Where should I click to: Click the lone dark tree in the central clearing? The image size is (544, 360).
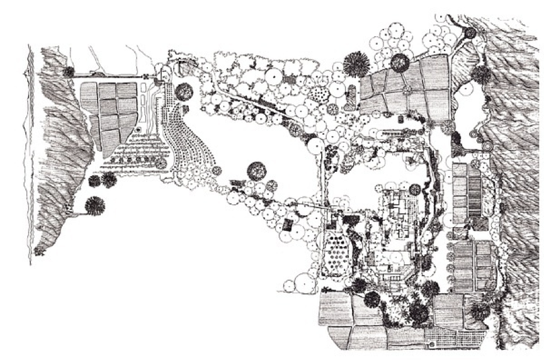click(257, 170)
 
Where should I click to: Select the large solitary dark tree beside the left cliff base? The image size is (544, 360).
click(94, 205)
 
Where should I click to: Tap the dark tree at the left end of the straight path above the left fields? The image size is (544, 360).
click(69, 72)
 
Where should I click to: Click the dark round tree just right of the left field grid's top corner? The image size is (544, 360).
click(184, 91)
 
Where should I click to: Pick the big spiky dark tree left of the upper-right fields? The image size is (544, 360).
click(356, 64)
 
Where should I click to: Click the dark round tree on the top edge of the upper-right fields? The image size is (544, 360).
click(399, 62)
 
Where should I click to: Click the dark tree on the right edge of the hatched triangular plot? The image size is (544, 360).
click(482, 74)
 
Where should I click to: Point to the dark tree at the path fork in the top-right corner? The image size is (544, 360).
click(470, 31)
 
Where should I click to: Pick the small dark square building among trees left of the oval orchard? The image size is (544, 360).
click(289, 223)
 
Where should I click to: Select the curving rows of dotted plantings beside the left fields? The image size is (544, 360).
click(189, 145)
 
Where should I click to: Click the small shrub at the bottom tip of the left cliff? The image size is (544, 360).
click(40, 251)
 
